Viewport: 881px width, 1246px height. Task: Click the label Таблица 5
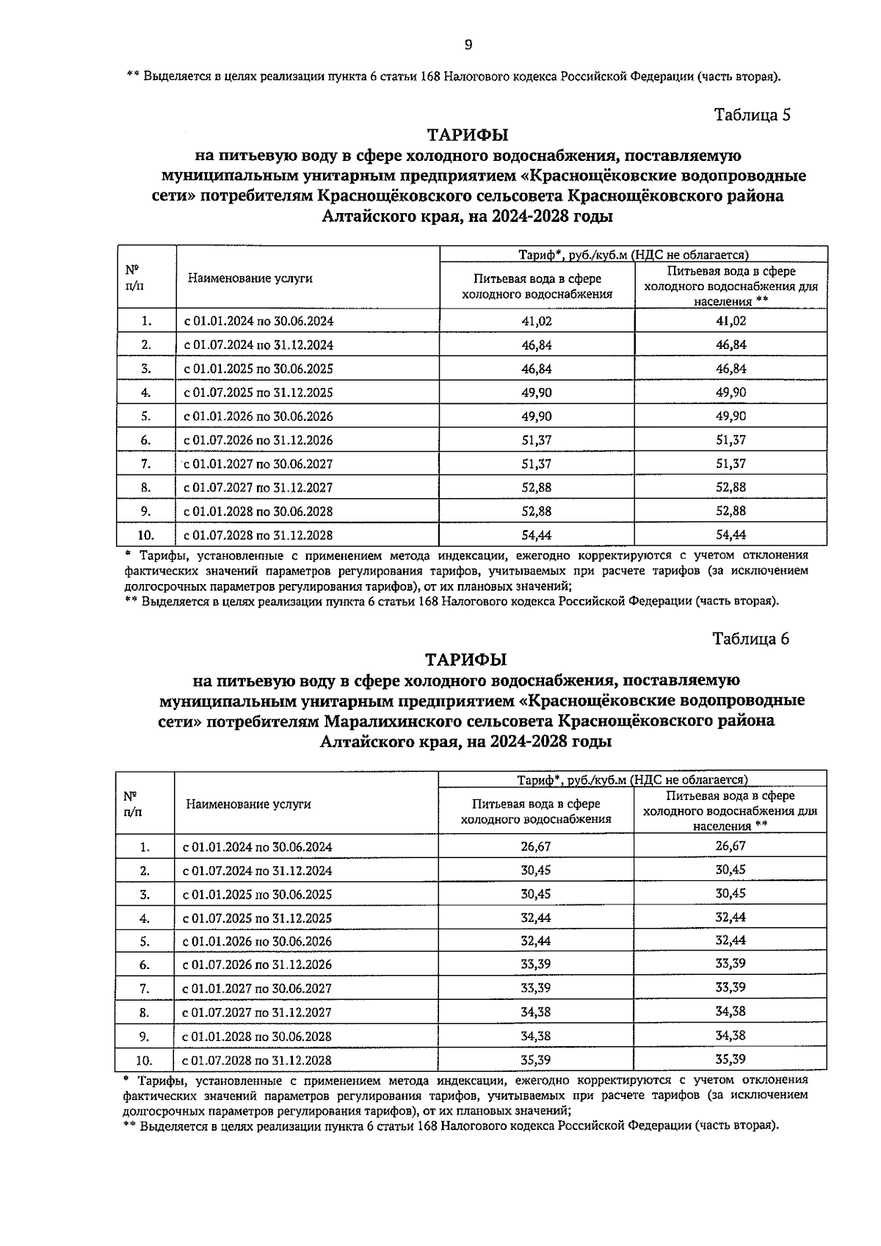[x=752, y=115]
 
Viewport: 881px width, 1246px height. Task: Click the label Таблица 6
[x=750, y=638]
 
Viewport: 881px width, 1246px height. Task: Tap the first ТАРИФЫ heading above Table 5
[x=468, y=135]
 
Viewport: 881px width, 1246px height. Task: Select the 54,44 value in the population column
[x=730, y=534]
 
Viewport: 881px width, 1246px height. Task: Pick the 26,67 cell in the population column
[x=730, y=846]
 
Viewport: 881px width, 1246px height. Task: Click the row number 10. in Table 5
[x=146, y=535]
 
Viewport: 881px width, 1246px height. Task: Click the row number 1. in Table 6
[x=145, y=847]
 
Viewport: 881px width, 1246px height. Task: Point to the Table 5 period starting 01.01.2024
[x=258, y=321]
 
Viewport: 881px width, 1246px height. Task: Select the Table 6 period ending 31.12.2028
[x=257, y=1060]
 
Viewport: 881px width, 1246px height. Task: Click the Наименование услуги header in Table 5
[x=250, y=278]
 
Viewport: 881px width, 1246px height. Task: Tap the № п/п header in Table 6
[x=132, y=804]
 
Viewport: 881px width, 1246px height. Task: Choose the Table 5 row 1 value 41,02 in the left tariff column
[x=537, y=321]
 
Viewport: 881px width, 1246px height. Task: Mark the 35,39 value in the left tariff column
[x=536, y=1059]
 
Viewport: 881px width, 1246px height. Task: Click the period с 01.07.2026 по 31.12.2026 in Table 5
[x=258, y=440]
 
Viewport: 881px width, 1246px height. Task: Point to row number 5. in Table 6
[x=145, y=941]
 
